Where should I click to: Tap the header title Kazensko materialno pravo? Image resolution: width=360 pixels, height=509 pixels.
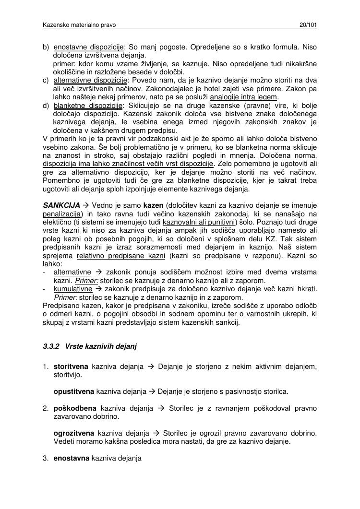pyautogui.click(x=79, y=24)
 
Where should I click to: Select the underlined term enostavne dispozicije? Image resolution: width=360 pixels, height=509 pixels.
pyautogui.click(x=88, y=47)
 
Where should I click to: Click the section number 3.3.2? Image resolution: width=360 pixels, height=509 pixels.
pyautogui.click(x=51, y=346)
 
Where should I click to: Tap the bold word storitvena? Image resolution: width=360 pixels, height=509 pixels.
pyautogui.click(x=71, y=367)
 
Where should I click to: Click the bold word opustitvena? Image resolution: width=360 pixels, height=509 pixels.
pyautogui.click(x=74, y=391)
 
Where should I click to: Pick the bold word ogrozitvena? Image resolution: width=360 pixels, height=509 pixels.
pyautogui.click(x=74, y=433)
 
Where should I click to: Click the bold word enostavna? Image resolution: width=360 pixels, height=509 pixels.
pyautogui.click(x=72, y=458)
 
